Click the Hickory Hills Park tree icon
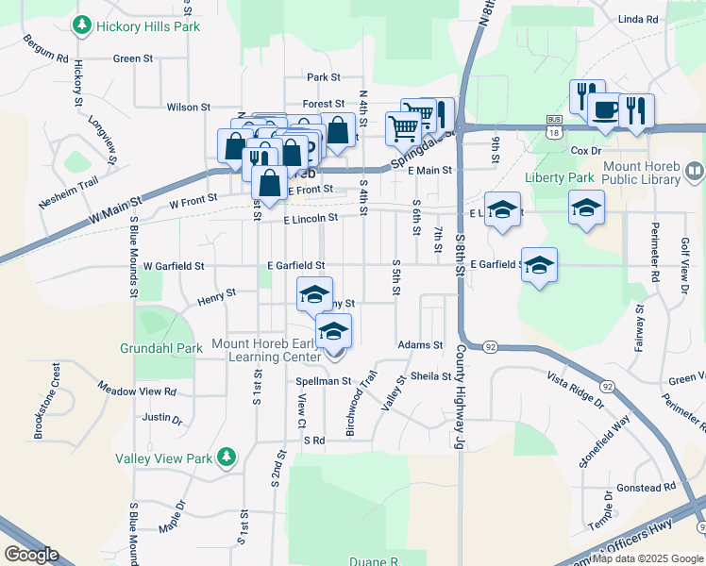83,25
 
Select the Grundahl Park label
161,348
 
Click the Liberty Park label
560,177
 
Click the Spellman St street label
324,381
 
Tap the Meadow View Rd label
138,389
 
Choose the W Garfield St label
174,266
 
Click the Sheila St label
431,375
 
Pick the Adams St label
420,345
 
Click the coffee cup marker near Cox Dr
604,110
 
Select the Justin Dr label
162,416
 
